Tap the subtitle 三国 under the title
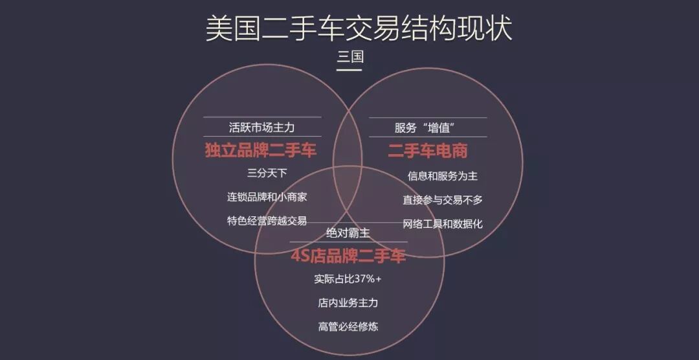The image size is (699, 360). (x=349, y=56)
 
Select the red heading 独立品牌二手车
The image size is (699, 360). (x=261, y=151)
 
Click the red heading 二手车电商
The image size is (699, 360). (x=427, y=151)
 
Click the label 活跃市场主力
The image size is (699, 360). (x=261, y=127)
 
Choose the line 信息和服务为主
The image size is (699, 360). (x=443, y=175)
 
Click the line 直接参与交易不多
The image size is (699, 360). (x=443, y=199)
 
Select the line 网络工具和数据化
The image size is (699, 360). (x=443, y=224)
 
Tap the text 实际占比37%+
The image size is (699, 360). (x=348, y=280)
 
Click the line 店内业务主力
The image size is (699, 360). (x=348, y=303)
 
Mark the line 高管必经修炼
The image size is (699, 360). (x=348, y=326)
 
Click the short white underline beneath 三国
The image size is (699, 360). (x=349, y=68)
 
